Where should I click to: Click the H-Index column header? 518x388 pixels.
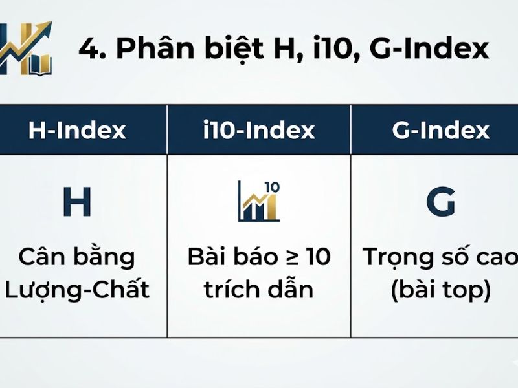[77, 131]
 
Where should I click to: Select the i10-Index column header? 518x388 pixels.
[258, 131]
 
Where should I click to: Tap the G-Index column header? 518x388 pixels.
[440, 131]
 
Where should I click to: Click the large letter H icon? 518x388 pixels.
[76, 202]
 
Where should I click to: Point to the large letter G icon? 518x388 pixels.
[440, 202]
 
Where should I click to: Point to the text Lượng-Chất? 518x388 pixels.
[77, 289]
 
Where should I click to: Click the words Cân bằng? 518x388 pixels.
[77, 257]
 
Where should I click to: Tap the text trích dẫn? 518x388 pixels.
[259, 289]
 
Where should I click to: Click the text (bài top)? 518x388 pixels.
[440, 289]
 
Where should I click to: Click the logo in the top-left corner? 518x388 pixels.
[26, 48]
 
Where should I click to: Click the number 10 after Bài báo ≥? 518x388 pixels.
[318, 257]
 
